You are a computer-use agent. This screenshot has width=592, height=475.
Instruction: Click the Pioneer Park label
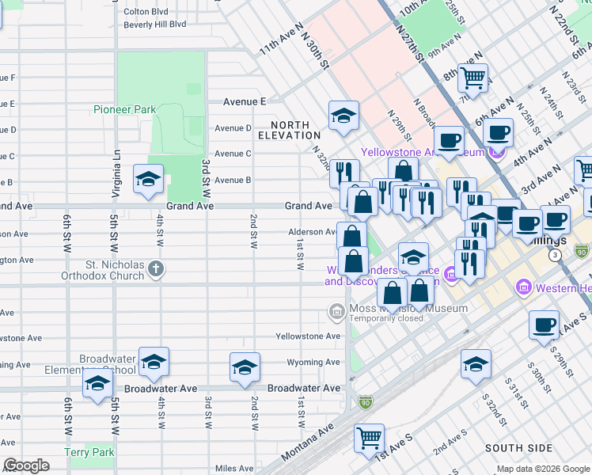(x=124, y=109)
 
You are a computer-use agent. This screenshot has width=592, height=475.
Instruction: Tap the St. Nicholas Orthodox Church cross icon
(x=157, y=269)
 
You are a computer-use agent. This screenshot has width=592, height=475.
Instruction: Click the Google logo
(x=27, y=465)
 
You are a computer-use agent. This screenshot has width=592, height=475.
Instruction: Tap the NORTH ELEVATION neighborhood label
(x=295, y=131)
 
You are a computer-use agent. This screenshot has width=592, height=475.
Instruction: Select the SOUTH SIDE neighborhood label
(x=518, y=448)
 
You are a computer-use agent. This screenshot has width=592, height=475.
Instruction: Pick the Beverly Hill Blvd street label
(x=155, y=25)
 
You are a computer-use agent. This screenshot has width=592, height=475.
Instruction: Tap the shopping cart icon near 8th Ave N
(x=472, y=78)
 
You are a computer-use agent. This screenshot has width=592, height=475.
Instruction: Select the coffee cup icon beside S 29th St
(x=544, y=325)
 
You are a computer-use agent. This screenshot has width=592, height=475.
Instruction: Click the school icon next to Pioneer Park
(x=148, y=180)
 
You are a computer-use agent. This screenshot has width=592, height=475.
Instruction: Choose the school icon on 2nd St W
(x=245, y=367)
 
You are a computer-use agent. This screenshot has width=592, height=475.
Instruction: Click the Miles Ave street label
(x=233, y=468)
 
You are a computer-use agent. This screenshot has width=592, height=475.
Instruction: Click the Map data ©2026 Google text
(x=542, y=469)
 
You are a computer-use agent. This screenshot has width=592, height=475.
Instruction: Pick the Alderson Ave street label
(x=313, y=233)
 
